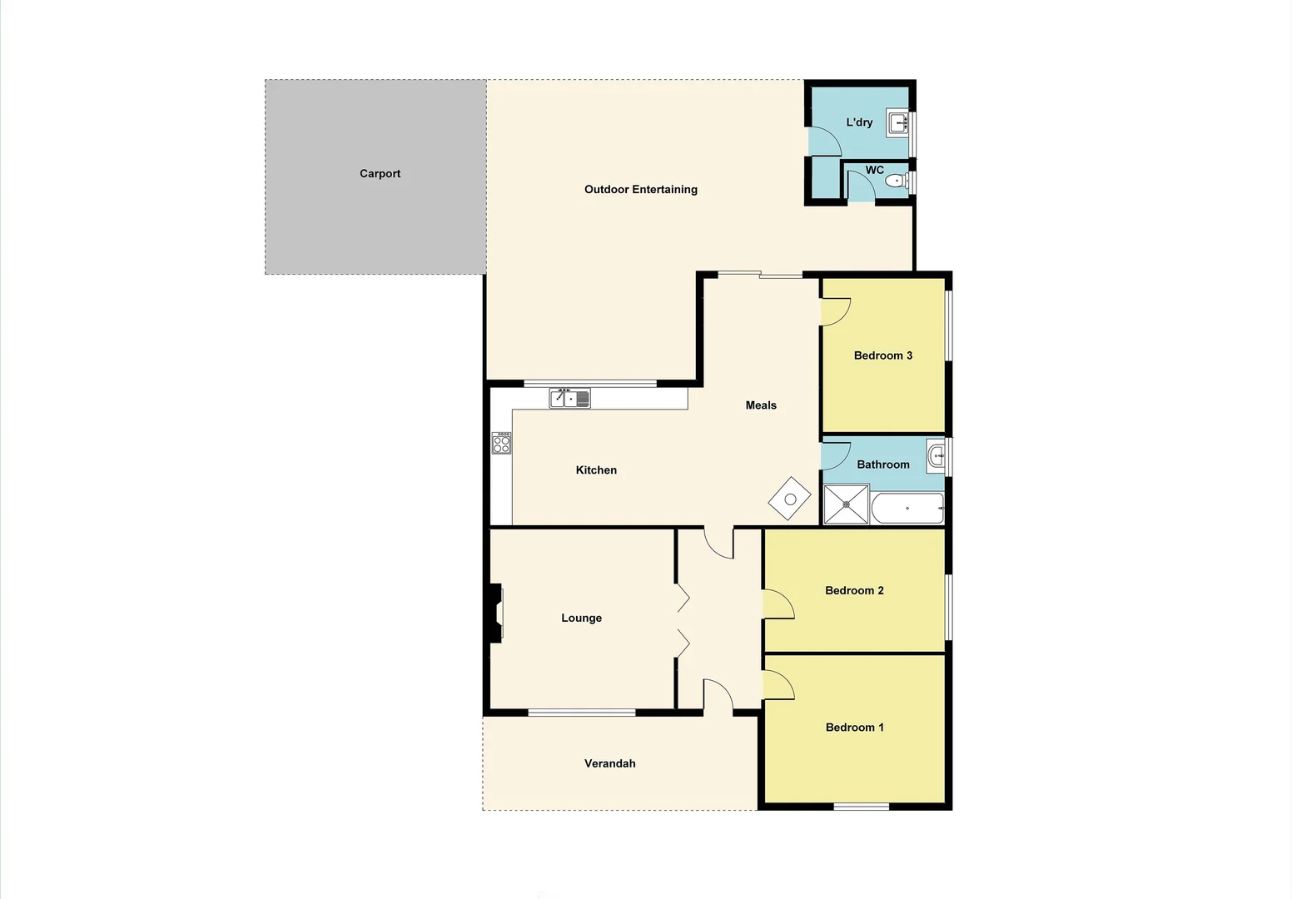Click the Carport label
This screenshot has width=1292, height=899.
click(380, 174)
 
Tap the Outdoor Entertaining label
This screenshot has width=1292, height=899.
click(640, 190)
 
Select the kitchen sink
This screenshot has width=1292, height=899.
click(569, 399)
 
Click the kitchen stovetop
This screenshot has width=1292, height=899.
click(501, 443)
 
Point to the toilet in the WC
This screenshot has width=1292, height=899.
click(895, 181)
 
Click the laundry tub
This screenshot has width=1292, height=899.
click(897, 123)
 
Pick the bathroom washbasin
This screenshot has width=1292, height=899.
click(936, 455)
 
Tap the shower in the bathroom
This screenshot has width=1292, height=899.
click(847, 504)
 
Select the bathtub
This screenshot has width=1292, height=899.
click(907, 507)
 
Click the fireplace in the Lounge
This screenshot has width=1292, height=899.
click(496, 613)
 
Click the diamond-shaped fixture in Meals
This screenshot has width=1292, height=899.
click(790, 499)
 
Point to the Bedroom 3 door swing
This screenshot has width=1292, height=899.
click(835, 312)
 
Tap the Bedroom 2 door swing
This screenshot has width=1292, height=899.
click(778, 604)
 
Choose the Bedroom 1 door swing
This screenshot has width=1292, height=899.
click(778, 684)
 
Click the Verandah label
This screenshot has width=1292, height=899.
click(609, 763)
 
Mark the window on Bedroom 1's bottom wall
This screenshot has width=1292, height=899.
click(862, 806)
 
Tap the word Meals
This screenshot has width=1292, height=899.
click(761, 405)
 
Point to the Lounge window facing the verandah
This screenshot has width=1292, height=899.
click(582, 713)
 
